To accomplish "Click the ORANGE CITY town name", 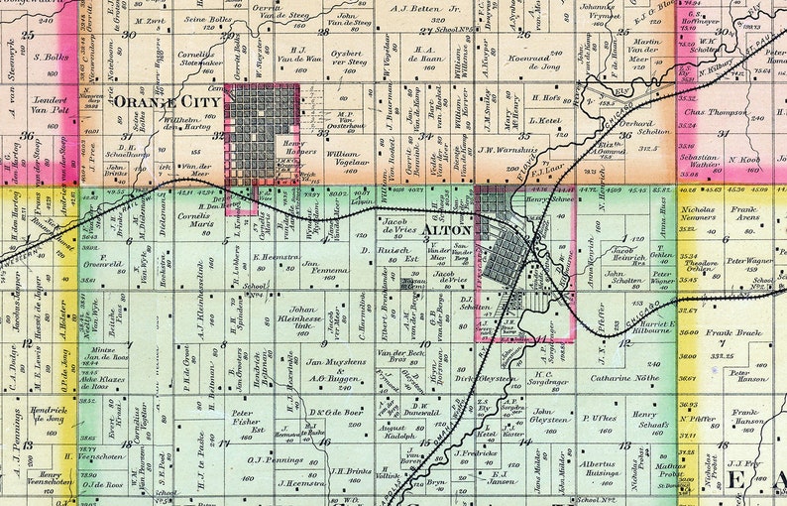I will [168, 101].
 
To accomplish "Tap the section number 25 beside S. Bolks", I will [29, 35].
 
